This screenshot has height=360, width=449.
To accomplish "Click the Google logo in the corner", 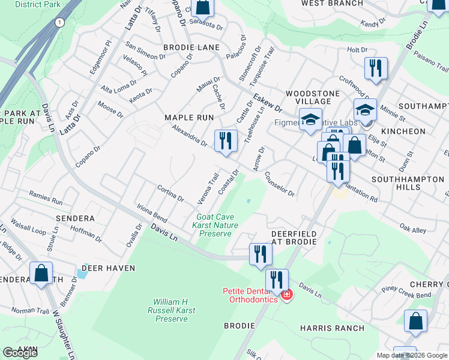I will [20, 353].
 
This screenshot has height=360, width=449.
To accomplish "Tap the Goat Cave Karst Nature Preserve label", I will [215, 225].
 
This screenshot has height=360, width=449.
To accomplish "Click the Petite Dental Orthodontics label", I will [250, 295].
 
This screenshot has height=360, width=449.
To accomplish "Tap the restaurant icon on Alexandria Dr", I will [226, 142].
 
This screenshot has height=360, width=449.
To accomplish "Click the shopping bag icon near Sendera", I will [41, 274].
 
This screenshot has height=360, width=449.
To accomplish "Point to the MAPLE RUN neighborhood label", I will [189, 118].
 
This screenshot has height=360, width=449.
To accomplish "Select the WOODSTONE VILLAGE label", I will [309, 98].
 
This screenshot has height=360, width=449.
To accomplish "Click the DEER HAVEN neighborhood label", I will [108, 268].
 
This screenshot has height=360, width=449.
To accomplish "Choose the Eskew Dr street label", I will [267, 102].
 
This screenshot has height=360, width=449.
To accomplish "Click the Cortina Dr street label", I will [170, 194].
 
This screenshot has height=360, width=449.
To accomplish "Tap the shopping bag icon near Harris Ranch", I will [416, 322].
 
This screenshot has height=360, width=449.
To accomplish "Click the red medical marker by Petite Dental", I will [287, 295].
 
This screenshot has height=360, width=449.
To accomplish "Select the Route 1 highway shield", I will [59, 22].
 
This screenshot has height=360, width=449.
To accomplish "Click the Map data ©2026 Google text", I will [411, 355].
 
